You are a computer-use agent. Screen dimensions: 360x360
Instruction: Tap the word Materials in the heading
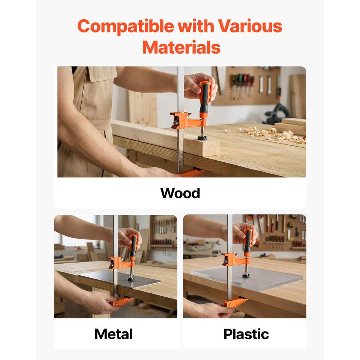[x=181, y=47]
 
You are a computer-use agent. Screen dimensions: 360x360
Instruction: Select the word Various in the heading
[x=250, y=26]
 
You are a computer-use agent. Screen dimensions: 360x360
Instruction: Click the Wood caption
[x=180, y=193]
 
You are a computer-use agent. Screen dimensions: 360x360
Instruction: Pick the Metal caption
[x=113, y=334]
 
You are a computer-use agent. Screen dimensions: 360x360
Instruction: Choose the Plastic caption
[x=246, y=334]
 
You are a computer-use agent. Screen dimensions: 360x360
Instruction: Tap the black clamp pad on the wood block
[x=202, y=138]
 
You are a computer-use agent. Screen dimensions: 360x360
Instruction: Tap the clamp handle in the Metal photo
[x=133, y=246]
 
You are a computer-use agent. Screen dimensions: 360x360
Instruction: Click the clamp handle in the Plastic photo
[x=247, y=241]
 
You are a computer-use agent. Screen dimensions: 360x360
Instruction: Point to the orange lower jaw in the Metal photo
[x=121, y=301]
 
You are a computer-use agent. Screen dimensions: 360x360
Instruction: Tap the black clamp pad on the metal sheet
[x=131, y=279]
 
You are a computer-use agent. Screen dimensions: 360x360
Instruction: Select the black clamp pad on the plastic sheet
[x=246, y=275]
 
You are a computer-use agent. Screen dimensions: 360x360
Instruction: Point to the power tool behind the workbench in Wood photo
[x=277, y=114]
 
